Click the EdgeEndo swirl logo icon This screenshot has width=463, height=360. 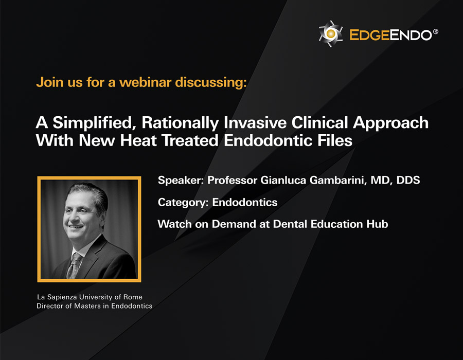click(331, 33)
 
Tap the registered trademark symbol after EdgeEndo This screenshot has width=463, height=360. click(436, 31)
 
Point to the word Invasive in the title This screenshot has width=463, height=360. click(255, 122)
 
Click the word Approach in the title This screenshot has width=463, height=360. click(390, 123)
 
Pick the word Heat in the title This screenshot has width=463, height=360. click(138, 140)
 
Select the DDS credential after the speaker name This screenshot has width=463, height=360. click(408, 180)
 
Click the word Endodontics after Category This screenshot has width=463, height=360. click(245, 202)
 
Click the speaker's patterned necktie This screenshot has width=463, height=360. click(74, 265)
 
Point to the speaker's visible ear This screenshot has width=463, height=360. click(102, 213)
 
